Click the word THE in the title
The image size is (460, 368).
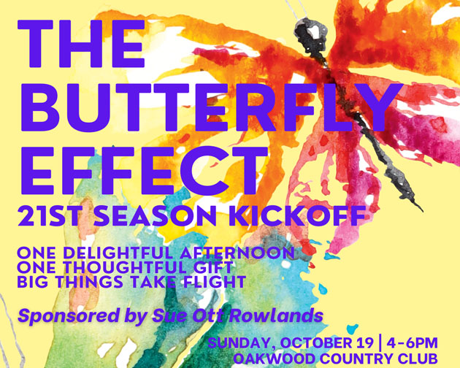(81, 44)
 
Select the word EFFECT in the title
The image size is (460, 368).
(144, 170)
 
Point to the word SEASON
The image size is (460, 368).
(155, 215)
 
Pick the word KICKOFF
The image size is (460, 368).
(298, 215)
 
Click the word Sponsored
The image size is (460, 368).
(69, 316)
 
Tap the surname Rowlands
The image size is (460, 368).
(276, 315)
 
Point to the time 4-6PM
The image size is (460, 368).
(413, 342)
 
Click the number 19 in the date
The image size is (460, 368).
(364, 342)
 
